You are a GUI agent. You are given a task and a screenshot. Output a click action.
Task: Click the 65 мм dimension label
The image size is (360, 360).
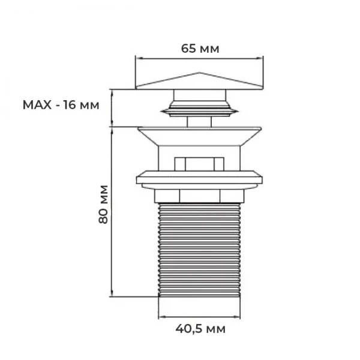(200, 49)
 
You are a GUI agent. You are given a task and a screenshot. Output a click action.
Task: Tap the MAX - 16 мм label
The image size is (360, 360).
(60, 105)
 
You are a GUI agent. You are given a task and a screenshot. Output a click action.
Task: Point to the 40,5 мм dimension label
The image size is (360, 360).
(200, 329)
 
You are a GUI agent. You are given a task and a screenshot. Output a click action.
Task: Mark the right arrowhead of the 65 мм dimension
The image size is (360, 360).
(262, 58)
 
